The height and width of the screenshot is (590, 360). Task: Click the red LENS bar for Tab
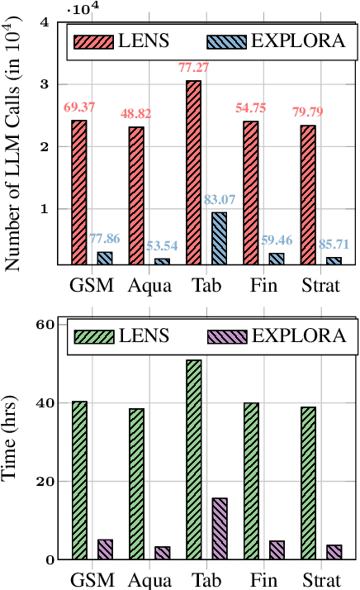click(193, 173)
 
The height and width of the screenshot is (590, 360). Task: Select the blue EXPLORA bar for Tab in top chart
click(220, 239)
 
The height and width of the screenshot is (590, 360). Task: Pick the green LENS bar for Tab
click(193, 459)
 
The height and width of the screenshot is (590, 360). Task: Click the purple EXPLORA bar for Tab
click(220, 529)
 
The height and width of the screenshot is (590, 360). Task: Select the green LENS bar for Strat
click(308, 483)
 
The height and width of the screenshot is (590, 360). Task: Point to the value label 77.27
click(195, 67)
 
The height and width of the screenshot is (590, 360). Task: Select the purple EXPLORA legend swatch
click(225, 336)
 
